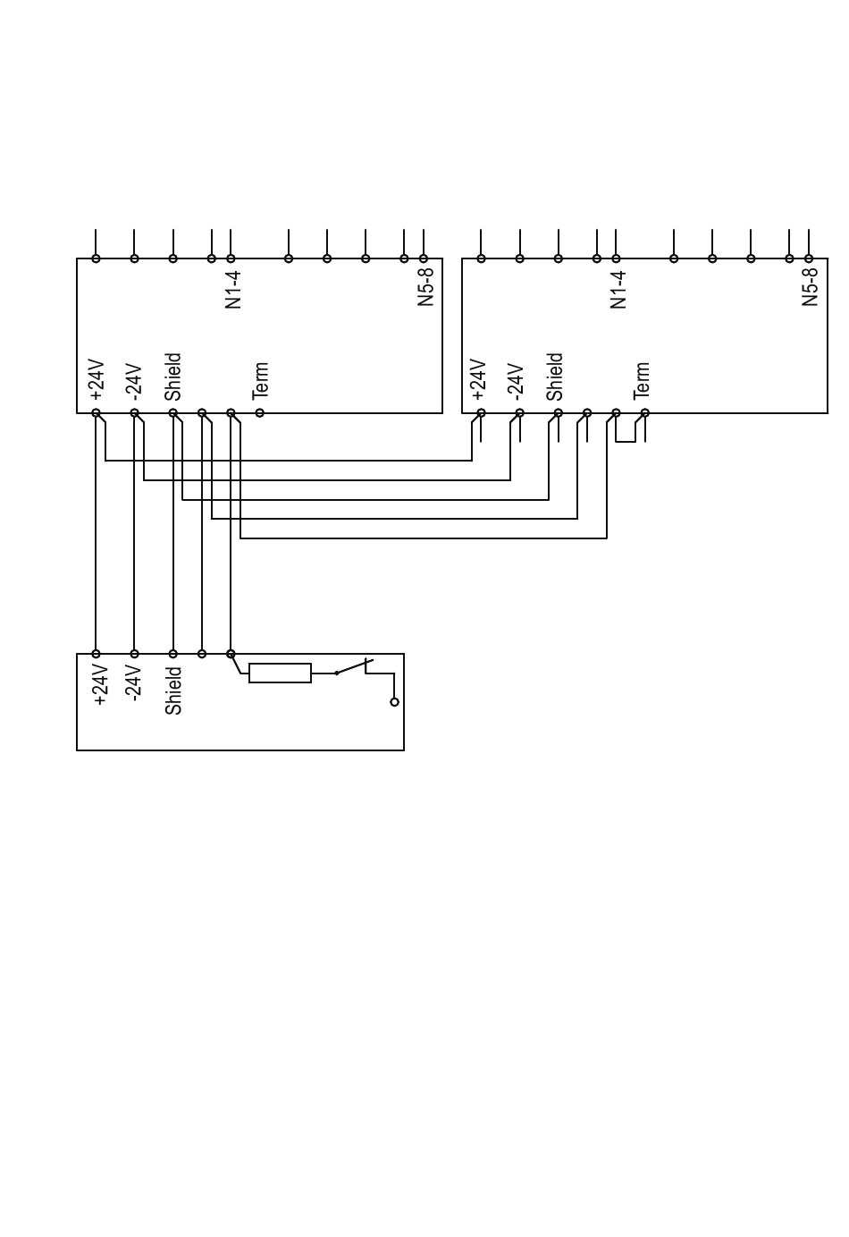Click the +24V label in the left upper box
(x=97, y=380)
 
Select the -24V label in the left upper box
(x=133, y=380)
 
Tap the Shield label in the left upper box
(x=173, y=377)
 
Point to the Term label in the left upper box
(x=260, y=380)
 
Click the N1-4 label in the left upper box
(x=233, y=290)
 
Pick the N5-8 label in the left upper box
(x=425, y=287)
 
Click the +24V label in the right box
(x=478, y=380)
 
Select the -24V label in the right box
(x=515, y=380)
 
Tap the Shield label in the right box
(x=555, y=377)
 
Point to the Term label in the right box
(x=642, y=380)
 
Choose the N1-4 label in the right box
(x=618, y=290)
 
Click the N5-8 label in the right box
(x=811, y=287)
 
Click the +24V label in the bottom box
(x=100, y=684)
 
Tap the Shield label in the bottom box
(x=173, y=691)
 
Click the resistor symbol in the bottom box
(x=280, y=673)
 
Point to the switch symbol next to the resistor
(x=354, y=667)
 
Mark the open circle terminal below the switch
(x=394, y=702)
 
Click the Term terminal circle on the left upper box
(x=260, y=413)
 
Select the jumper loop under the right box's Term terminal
(x=626, y=435)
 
